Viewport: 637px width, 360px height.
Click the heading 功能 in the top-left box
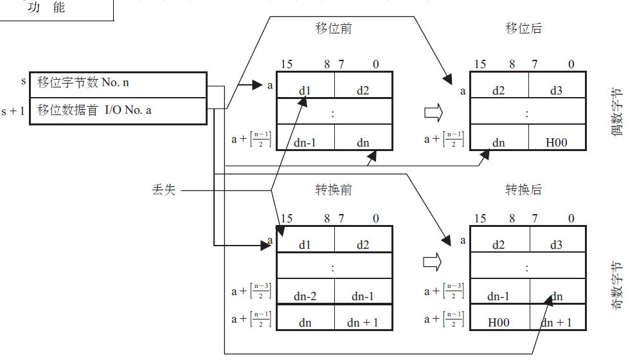[46, 8]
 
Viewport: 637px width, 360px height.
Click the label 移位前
[334, 29]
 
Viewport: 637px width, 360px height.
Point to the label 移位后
[524, 29]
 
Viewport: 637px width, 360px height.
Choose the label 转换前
[334, 190]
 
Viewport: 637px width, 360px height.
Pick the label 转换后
[524, 190]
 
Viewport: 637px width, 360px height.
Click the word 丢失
[161, 190]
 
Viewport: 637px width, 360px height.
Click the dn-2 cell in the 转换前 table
[305, 297]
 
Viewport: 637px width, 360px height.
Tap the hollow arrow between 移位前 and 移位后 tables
[433, 113]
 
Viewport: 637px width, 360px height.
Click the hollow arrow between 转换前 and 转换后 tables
[433, 263]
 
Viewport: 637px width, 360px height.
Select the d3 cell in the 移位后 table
[556, 91]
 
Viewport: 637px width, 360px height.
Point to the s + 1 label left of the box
[13, 111]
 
